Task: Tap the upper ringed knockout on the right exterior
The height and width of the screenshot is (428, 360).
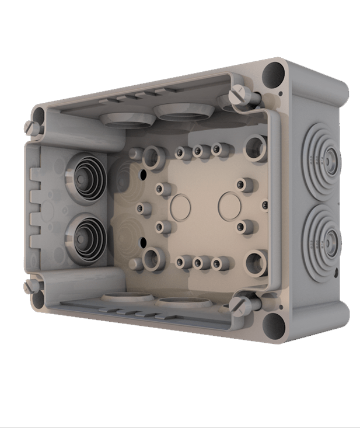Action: tap(323, 157)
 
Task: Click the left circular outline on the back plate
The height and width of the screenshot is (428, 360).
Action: tap(180, 206)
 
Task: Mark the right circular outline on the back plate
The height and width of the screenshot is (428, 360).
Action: tap(229, 205)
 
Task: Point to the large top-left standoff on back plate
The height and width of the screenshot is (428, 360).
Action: tap(153, 156)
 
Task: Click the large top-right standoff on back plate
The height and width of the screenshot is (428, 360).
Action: tap(256, 146)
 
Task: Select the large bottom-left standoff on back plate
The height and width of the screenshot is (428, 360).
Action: tap(153, 257)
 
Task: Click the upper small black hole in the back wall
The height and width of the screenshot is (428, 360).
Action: tap(142, 174)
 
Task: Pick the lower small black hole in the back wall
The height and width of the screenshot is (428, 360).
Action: tap(142, 241)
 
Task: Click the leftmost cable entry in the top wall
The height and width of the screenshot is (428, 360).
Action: tap(124, 119)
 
